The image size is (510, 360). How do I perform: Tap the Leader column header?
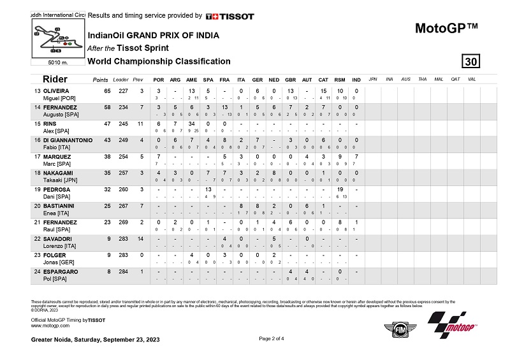[x=120, y=80]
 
